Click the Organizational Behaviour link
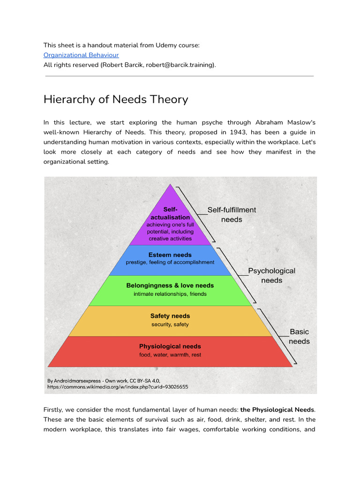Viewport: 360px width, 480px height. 81,55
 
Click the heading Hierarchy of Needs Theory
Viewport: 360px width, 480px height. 116,99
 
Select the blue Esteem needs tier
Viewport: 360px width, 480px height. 170,259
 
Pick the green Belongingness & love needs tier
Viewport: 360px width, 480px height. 170,289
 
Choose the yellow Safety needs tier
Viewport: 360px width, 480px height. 170,320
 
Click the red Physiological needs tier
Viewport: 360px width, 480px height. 170,350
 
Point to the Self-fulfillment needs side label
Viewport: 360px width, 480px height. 232,215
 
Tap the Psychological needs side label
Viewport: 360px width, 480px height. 271,276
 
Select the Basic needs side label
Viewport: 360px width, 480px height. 299,337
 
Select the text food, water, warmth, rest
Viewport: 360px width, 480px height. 170,355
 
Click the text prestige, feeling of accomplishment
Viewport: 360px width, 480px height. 170,262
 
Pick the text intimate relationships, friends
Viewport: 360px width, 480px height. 170,294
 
